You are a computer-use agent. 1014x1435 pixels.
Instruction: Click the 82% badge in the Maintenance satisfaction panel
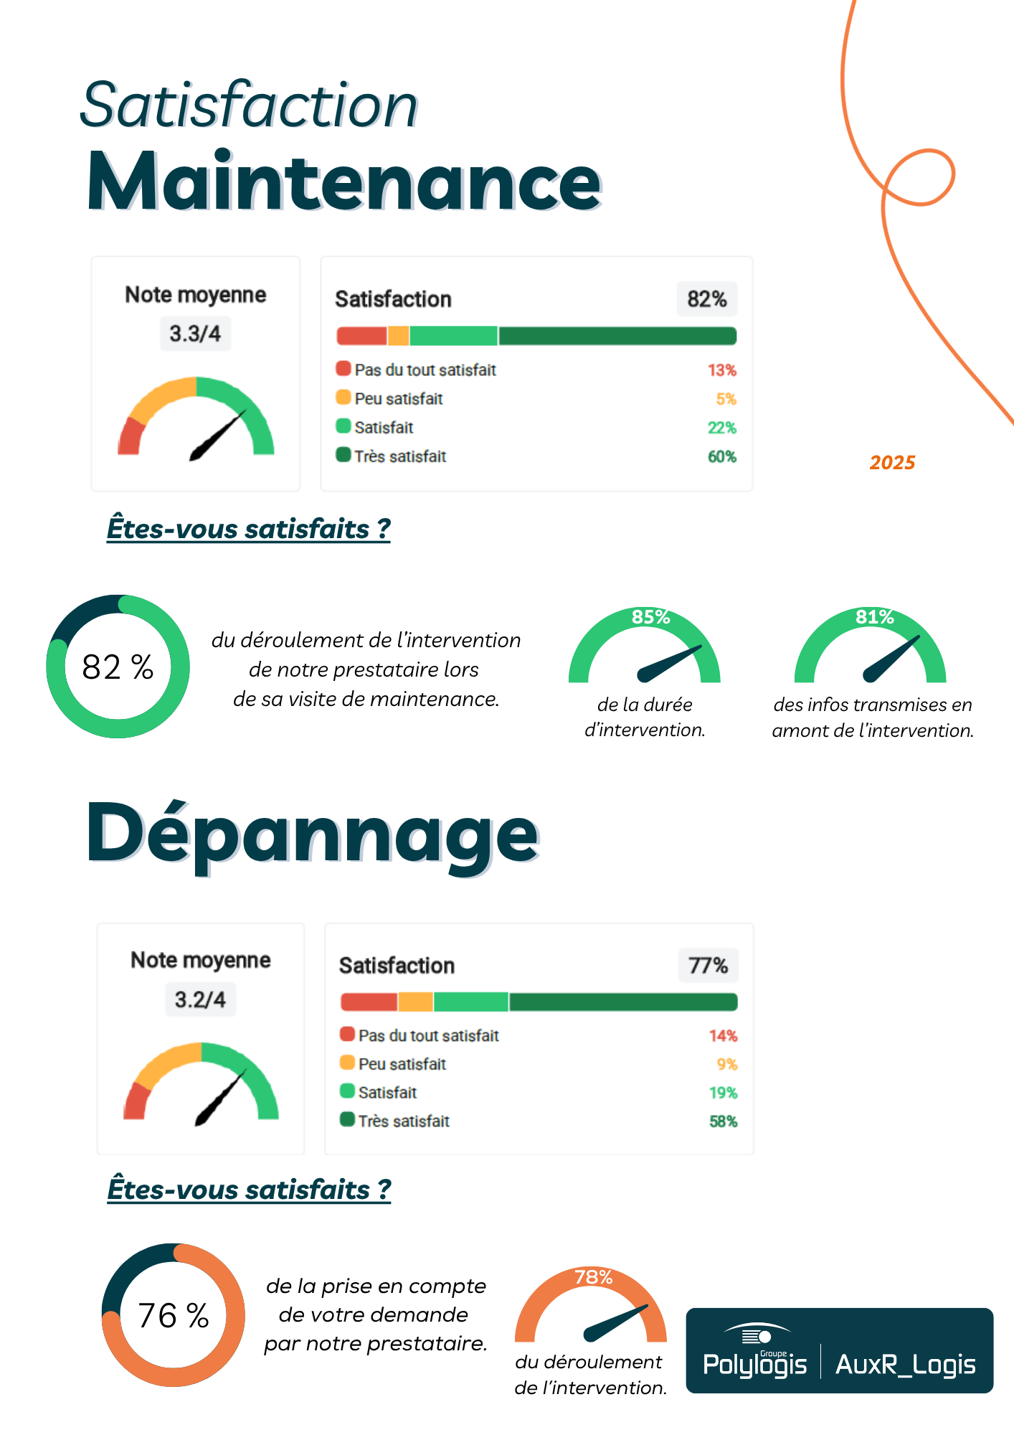point(706,299)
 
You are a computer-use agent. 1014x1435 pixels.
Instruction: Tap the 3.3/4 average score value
point(195,334)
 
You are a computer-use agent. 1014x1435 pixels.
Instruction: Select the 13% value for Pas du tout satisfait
point(721,370)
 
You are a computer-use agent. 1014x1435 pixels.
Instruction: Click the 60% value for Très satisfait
point(721,456)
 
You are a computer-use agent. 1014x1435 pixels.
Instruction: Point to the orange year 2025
point(892,463)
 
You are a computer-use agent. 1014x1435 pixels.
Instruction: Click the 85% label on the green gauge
point(650,617)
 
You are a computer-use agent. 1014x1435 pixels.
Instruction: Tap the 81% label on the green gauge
point(874,617)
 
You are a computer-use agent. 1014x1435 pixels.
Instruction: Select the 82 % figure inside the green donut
point(118,667)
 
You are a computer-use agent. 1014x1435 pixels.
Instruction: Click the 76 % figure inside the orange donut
point(174,1316)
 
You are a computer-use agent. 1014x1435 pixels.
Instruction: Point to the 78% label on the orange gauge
point(593,1277)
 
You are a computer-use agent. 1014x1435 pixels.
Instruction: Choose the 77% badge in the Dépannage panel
point(708,966)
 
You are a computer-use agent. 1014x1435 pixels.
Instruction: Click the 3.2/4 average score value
point(200,999)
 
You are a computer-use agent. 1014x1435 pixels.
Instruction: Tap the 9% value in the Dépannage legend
point(726,1064)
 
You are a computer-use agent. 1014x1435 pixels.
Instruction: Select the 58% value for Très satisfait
point(723,1121)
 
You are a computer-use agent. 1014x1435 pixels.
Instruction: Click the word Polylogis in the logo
point(754,1364)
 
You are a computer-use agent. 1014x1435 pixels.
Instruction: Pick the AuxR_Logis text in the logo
point(905,1364)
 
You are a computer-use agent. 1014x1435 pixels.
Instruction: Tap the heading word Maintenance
point(343,182)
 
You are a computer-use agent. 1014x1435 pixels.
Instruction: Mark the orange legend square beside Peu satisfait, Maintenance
point(343,397)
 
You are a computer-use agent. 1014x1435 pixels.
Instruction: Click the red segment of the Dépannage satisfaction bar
point(369,1002)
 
